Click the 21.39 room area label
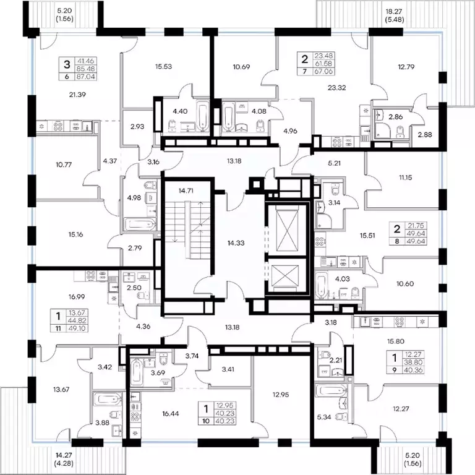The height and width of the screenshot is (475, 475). tap(77, 95)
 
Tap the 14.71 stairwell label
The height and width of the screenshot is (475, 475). tap(186, 190)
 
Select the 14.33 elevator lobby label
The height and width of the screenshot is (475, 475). tap(236, 242)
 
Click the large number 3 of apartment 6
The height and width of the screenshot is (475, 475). tap(67, 64)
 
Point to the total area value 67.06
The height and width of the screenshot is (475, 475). tap(323, 71)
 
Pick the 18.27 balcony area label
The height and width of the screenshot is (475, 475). tap(393, 12)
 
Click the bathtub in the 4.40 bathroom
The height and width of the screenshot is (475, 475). tap(202, 116)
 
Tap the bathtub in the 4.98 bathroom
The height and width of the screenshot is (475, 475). tap(140, 225)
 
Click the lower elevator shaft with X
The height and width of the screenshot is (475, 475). tap(285, 275)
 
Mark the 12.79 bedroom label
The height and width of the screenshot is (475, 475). tap(406, 67)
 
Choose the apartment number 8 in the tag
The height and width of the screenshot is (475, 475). tap(397, 241)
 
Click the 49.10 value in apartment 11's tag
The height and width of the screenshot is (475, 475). tap(77, 328)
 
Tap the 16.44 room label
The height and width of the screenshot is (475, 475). tap(171, 414)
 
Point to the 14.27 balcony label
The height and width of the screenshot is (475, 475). tap(64, 455)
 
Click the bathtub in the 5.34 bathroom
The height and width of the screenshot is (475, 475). tap(330, 391)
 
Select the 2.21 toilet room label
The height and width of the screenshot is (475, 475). tap(335, 360)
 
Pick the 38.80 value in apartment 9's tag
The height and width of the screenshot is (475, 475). tap(413, 362)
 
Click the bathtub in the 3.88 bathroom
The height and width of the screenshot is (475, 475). tap(108, 399)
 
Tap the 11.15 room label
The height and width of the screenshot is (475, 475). tap(405, 178)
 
